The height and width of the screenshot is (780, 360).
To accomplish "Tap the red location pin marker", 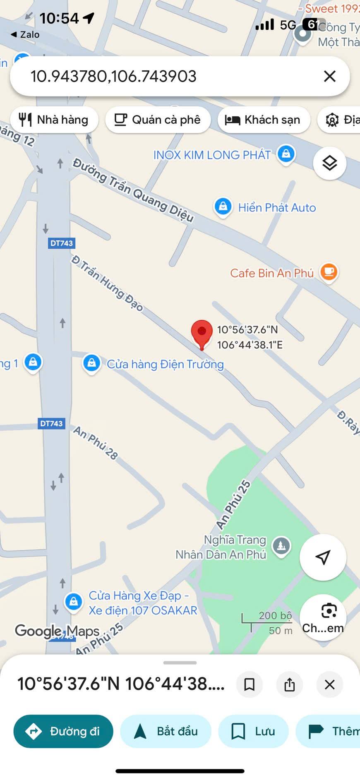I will (202, 332).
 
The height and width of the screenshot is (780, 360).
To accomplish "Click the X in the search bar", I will (329, 76).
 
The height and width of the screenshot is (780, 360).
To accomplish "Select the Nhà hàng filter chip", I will (54, 120).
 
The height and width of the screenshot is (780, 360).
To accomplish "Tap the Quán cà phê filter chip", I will (158, 120).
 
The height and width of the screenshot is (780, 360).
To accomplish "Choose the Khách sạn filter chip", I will (264, 120).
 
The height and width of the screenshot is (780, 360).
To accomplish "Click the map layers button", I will (329, 163).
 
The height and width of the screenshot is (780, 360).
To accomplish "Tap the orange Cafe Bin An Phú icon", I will (329, 272).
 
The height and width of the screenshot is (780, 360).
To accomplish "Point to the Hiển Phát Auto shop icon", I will (223, 206).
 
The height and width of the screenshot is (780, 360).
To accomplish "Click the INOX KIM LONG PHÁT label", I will (212, 155).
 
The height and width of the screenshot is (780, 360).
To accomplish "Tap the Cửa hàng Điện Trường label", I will (165, 365).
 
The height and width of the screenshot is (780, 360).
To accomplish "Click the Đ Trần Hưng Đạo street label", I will (107, 283).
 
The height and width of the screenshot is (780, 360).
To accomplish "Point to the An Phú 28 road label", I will (96, 443).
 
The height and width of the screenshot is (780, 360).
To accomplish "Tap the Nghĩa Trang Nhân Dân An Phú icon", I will (281, 546).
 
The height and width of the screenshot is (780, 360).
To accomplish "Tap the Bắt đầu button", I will (166, 731).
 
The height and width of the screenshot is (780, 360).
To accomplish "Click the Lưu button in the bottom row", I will (253, 731).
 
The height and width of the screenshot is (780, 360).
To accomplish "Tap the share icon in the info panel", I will (290, 684).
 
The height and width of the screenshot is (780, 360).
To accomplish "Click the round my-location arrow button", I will (323, 557).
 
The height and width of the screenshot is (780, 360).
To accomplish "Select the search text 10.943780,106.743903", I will (113, 76).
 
